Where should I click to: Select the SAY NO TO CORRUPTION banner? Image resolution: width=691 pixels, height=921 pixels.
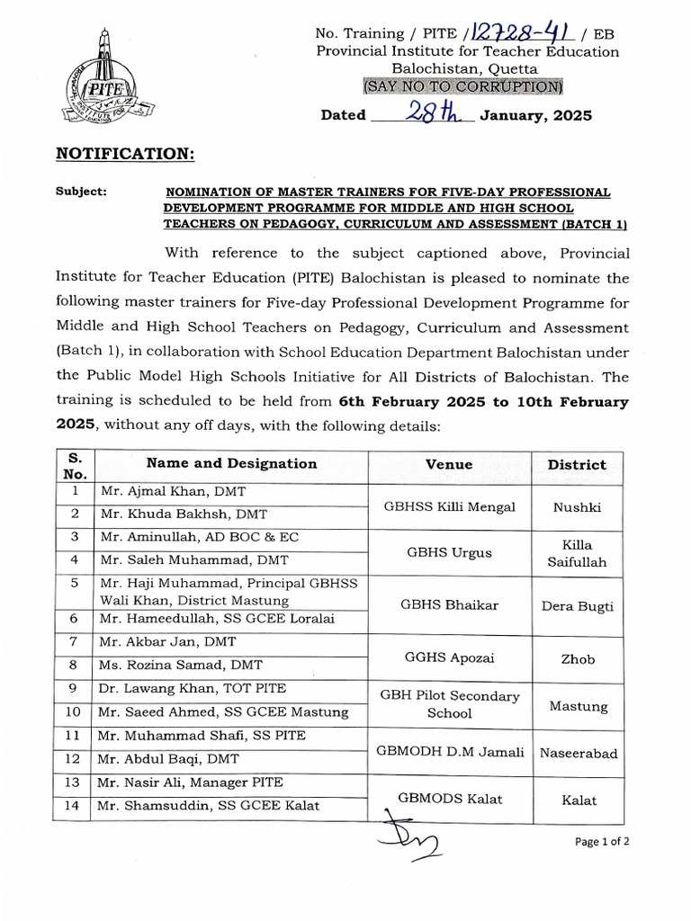[x=462, y=87]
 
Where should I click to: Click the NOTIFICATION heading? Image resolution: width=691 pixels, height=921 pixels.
[x=125, y=154]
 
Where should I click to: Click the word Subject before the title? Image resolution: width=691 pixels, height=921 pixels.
[x=81, y=192]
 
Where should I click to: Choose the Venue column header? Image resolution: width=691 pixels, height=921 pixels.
[x=449, y=464]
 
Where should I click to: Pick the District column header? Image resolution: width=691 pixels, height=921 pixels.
[x=577, y=465]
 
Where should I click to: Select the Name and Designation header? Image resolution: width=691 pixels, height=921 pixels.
[x=231, y=463]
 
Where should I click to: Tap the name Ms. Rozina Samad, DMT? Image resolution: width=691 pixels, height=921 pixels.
[x=184, y=666]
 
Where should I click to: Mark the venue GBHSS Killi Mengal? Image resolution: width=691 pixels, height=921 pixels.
[x=449, y=507]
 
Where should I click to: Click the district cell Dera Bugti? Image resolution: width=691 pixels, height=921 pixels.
[x=577, y=606]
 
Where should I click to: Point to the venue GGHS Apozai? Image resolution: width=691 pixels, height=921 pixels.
[x=449, y=658]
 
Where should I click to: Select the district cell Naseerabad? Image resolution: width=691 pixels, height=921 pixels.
[x=578, y=754]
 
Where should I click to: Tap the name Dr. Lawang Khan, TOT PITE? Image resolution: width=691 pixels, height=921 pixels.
[x=193, y=689]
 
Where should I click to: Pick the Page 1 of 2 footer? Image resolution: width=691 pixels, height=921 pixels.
[x=601, y=843]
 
